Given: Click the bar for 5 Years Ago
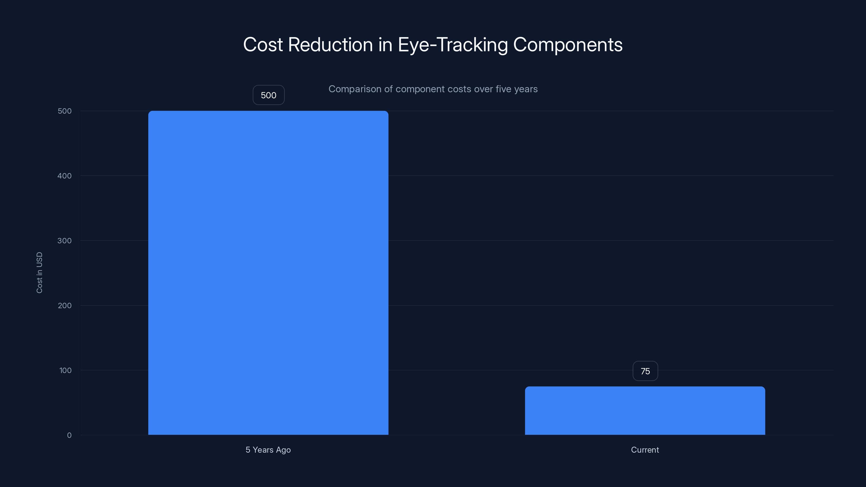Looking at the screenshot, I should [268, 272].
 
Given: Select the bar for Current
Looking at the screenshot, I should [645, 410].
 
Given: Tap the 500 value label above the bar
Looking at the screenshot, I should [268, 95].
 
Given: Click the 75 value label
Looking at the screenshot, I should [645, 371].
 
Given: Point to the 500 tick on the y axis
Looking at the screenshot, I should [65, 111].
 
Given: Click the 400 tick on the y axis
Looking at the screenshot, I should [65, 176].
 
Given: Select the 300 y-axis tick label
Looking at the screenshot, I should [65, 241].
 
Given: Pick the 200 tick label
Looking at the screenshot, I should [65, 305].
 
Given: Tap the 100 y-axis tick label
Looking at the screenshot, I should [65, 370].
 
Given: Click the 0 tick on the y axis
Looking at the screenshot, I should [69, 435].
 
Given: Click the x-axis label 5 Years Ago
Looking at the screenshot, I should [268, 450].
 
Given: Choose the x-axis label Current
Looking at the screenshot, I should [645, 450].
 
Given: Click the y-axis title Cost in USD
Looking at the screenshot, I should [39, 272].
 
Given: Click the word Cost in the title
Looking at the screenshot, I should [263, 45].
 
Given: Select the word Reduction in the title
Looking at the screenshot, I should [330, 45].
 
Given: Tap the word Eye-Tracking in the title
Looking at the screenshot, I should [452, 45].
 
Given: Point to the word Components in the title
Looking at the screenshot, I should [568, 45].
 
